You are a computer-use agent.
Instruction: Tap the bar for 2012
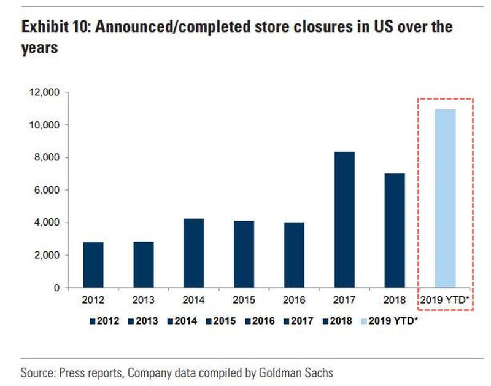tap(93, 264)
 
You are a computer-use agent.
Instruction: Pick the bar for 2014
tap(193, 253)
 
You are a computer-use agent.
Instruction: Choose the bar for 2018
tap(395, 230)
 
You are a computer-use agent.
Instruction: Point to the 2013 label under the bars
tap(144, 301)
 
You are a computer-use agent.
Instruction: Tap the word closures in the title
tap(304, 28)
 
